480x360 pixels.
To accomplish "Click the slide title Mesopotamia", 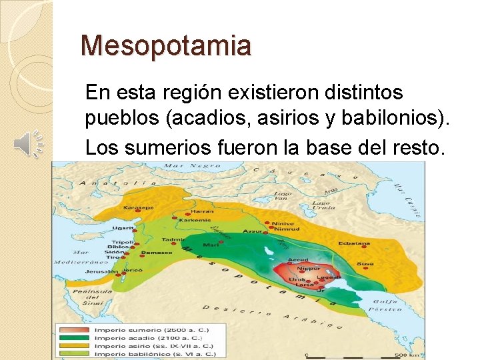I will pyautogui.click(x=165, y=46).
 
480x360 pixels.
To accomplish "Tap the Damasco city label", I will pyautogui.click(x=157, y=253).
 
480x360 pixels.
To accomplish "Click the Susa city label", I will pyautogui.click(x=365, y=264).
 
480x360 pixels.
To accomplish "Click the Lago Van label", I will pyautogui.click(x=282, y=196).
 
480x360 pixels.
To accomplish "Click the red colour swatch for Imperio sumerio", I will pyautogui.click(x=74, y=329).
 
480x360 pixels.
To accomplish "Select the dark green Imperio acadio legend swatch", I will pyautogui.click(x=74, y=337).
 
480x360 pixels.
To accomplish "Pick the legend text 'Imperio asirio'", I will pyautogui.click(x=117, y=345).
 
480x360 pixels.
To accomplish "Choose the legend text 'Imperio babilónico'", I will pyautogui.click(x=124, y=353).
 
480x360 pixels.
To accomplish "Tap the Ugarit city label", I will pyautogui.click(x=124, y=228).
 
